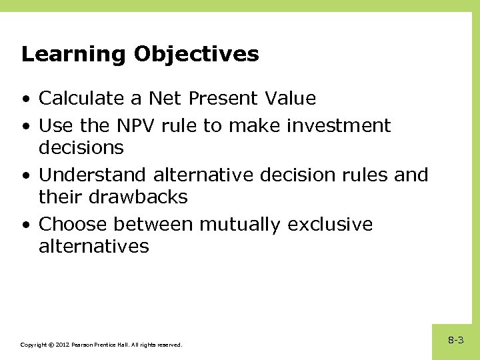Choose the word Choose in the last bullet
pyautogui.click(x=71, y=224)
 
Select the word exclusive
pyautogui.click(x=330, y=224)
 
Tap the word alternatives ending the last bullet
pyautogui.click(x=94, y=247)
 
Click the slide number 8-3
pyautogui.click(x=456, y=340)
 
